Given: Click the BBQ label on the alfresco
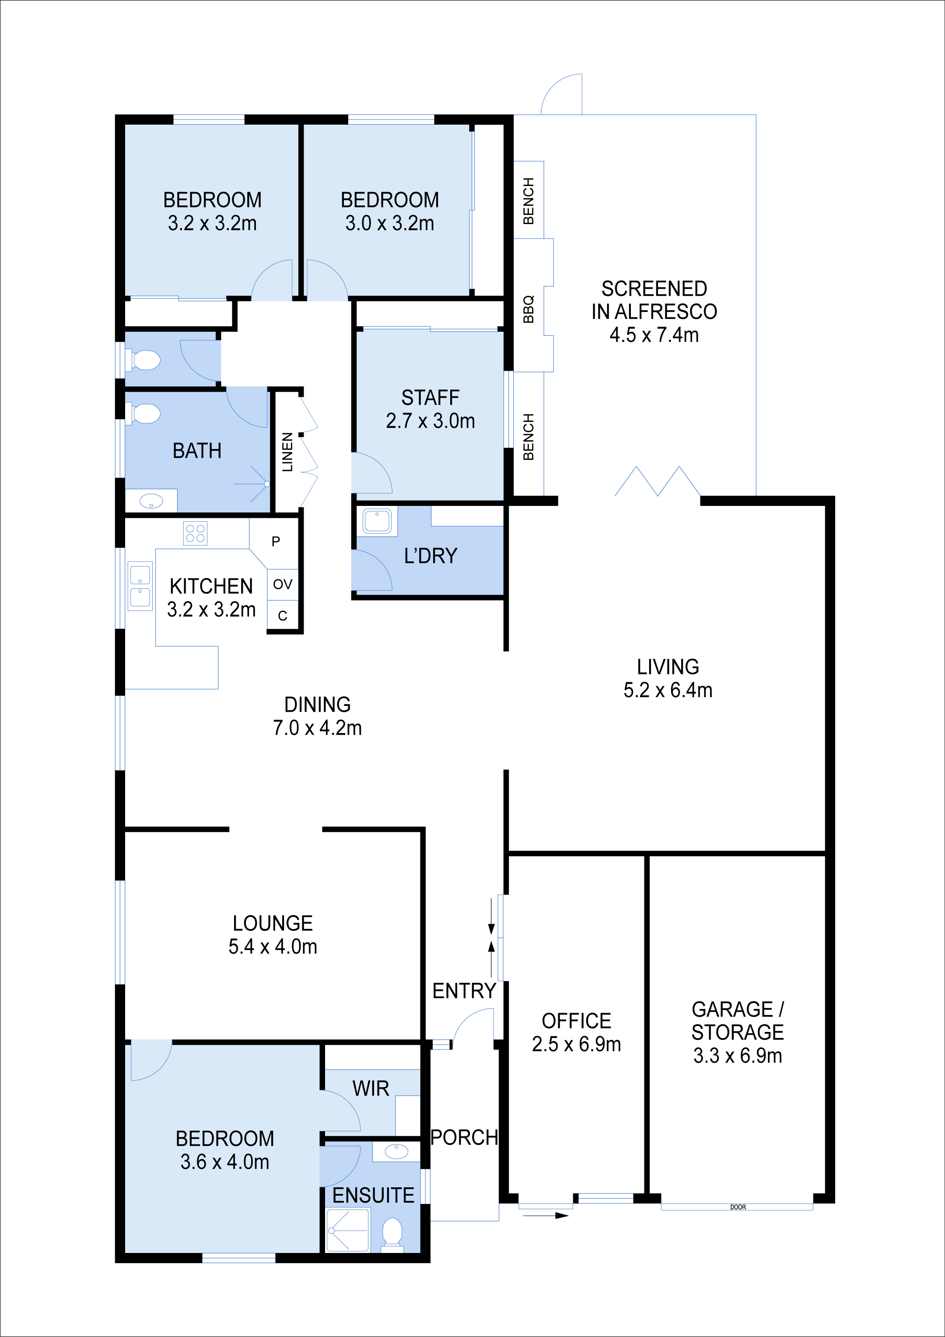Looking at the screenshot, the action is [528, 309].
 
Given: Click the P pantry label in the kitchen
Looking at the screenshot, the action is [276, 541].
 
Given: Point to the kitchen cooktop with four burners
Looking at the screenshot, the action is [195, 533].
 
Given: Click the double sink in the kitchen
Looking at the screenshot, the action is [140, 586].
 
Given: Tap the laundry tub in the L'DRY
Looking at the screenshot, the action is [377, 521].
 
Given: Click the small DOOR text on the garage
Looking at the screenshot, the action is [738, 1207].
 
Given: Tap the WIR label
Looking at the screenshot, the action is [371, 1088].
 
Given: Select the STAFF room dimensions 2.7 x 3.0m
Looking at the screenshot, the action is [430, 421].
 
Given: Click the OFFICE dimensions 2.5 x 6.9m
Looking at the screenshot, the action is [577, 1044].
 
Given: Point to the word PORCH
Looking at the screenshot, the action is [464, 1137].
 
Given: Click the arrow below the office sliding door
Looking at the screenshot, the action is [546, 1215].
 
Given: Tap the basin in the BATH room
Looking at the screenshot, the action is [151, 500].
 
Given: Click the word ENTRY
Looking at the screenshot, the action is [464, 990].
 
